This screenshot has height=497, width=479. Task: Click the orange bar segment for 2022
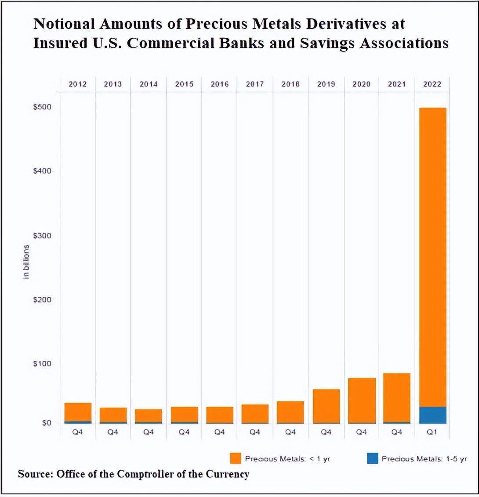point(432,257)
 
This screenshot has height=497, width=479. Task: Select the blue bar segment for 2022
point(432,415)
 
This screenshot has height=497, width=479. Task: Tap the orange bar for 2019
point(326,406)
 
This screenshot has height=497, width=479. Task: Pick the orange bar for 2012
point(78,412)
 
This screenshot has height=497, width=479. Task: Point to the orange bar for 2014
point(149,415)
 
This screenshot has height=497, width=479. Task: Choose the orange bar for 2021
point(397,398)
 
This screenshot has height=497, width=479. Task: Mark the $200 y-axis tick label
point(42,300)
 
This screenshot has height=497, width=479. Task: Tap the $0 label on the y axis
point(46,423)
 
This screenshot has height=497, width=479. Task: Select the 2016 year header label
point(219,84)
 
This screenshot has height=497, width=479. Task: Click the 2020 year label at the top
point(361,84)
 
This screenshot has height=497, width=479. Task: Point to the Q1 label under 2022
point(432,432)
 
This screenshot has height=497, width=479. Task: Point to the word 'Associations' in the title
point(406,43)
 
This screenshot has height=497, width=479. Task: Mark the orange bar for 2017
point(255,414)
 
